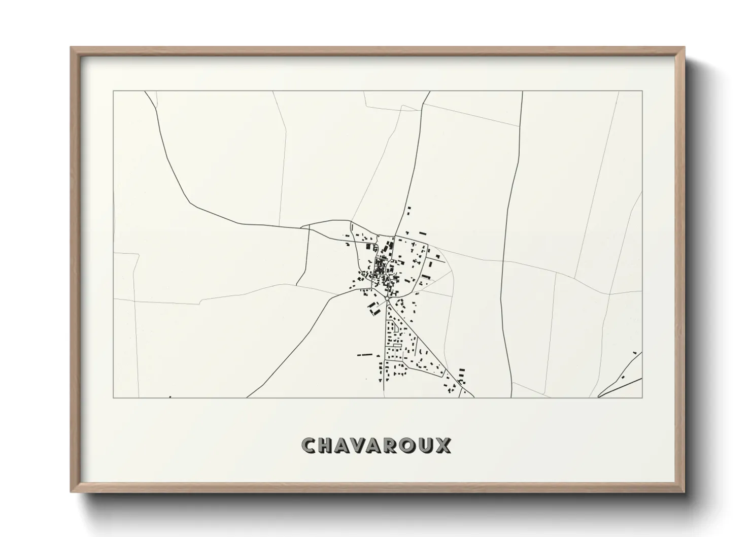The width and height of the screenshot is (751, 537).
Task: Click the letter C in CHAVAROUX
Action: pos(309,446)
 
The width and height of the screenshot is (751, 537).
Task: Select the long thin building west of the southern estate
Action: pos(364,354)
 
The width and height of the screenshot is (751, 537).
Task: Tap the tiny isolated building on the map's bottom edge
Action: pos(170,397)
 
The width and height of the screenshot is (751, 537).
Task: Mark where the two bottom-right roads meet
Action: pos(599,396)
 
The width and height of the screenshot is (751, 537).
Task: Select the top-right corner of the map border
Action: pos(642,91)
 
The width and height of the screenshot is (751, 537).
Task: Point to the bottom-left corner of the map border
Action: pos(113,397)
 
